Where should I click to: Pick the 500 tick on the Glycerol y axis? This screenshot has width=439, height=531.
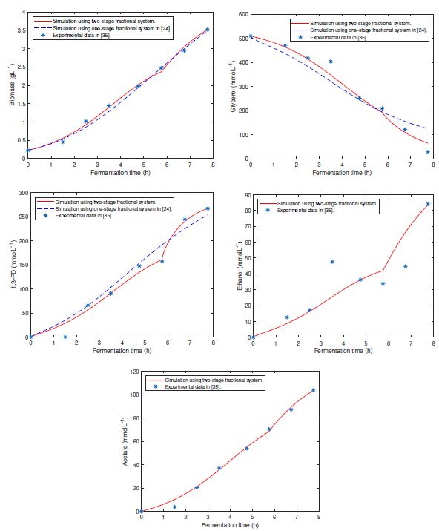[244, 39]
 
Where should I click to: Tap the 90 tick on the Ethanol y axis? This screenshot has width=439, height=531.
[246, 193]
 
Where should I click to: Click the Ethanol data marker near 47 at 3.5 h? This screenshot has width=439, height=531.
[332, 262]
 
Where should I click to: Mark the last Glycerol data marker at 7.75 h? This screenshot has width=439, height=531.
[428, 152]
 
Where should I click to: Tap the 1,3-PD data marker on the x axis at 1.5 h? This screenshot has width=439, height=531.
[65, 337]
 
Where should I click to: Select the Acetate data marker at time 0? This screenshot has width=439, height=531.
[141, 512]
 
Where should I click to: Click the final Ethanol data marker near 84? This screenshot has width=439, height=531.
[428, 204]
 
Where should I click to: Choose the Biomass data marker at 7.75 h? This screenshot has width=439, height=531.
[207, 30]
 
